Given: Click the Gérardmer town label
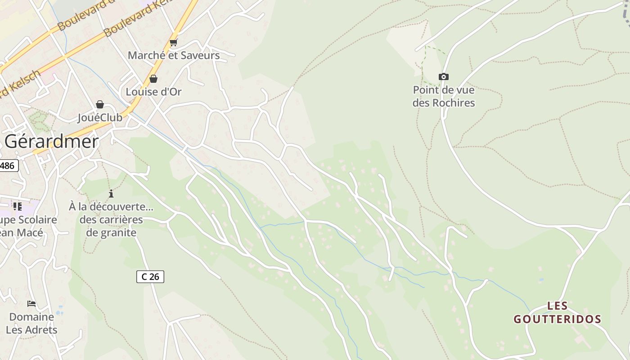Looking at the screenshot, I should (x=51, y=142).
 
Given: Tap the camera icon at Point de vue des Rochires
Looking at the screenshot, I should (x=444, y=77).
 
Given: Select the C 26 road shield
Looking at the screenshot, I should (x=150, y=277).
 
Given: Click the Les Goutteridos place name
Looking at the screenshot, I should (x=558, y=313).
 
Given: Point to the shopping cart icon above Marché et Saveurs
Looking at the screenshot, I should (x=173, y=43).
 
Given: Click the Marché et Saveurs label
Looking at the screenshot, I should (x=174, y=55).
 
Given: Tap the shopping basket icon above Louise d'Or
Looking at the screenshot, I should (x=153, y=79).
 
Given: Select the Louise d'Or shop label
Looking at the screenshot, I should (x=153, y=92).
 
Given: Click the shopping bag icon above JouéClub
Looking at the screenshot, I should (x=100, y=105).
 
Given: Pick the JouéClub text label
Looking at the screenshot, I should (x=100, y=117).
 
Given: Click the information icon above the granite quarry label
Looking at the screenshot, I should (x=111, y=194).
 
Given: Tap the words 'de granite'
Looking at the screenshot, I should (x=111, y=233).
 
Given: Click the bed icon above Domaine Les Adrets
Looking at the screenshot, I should (x=31, y=304).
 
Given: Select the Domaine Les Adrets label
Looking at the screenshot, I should (x=31, y=323).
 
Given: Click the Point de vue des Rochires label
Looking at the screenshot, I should (x=444, y=96).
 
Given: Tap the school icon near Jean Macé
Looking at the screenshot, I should (x=18, y=207).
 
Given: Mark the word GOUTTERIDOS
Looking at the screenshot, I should (x=558, y=319).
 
